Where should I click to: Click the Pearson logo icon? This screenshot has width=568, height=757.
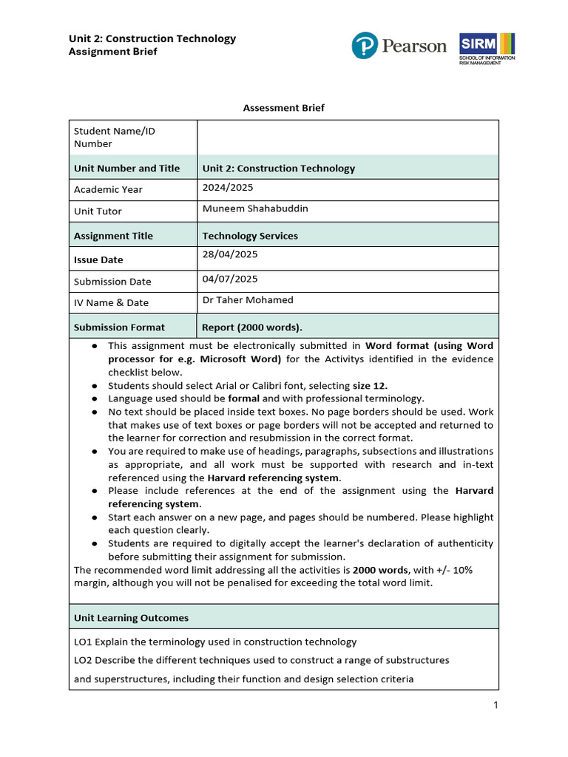365,46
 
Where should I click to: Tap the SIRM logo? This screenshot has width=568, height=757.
487,48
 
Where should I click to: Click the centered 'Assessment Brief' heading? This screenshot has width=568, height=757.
284,108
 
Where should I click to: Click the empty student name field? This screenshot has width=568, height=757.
348,138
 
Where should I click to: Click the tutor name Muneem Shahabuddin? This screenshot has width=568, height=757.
255,208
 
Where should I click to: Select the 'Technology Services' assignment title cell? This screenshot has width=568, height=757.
250,236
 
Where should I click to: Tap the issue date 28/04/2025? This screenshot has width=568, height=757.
230,254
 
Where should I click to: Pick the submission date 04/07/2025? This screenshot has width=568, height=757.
230,279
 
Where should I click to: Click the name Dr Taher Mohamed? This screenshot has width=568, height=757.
248,300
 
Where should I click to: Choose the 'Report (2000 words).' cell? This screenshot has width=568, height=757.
252,327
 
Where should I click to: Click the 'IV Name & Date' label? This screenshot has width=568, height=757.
111,302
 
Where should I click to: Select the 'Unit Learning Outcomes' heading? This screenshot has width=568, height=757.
131,618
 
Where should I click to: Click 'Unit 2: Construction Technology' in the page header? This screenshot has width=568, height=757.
152,38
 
